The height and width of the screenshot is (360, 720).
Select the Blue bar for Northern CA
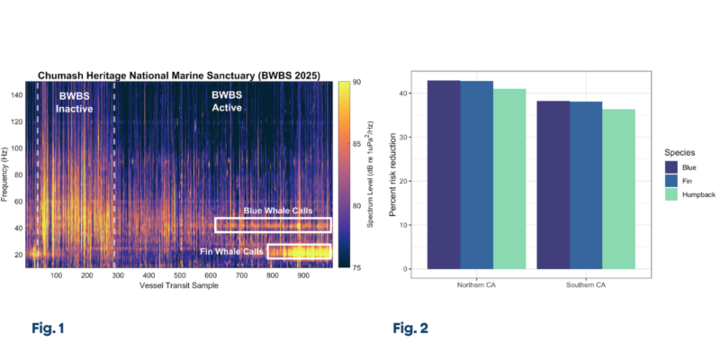(444, 175)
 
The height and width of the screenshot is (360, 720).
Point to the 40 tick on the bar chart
(410, 94)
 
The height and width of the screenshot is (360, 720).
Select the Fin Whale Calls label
(229, 251)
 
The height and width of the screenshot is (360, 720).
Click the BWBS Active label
(232, 102)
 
